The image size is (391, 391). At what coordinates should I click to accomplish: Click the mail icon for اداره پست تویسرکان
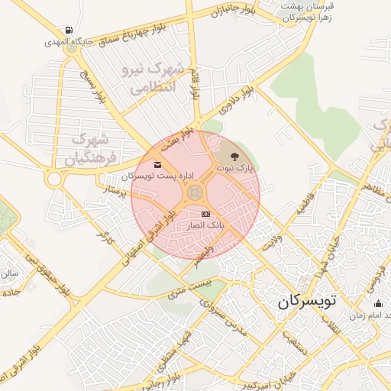point(157,165)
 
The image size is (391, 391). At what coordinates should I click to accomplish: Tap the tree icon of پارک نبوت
point(244,156)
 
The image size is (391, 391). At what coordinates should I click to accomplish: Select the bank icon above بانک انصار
point(205,215)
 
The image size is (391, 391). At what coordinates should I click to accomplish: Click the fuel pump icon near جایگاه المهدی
point(70,31)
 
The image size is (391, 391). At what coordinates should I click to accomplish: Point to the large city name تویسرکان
point(306,300)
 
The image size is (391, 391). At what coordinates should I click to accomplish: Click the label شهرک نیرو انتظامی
point(153,78)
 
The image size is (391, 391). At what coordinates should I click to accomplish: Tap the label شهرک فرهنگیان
point(90,150)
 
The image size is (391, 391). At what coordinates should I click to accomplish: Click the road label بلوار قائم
point(196,84)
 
